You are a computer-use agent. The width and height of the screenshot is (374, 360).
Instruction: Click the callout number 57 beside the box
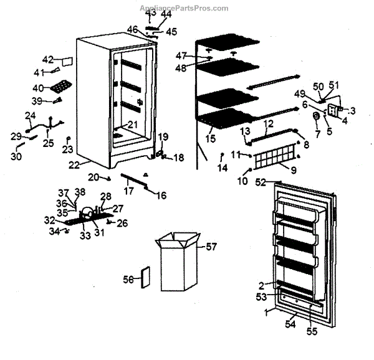pos(212,247)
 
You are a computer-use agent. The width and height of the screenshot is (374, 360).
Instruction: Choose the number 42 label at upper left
pos(48,59)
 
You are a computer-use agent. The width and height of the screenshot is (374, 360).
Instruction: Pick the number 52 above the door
pos(261,182)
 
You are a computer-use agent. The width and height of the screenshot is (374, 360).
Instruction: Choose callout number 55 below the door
pos(311,331)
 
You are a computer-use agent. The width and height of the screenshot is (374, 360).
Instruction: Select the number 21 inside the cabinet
pos(132,125)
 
